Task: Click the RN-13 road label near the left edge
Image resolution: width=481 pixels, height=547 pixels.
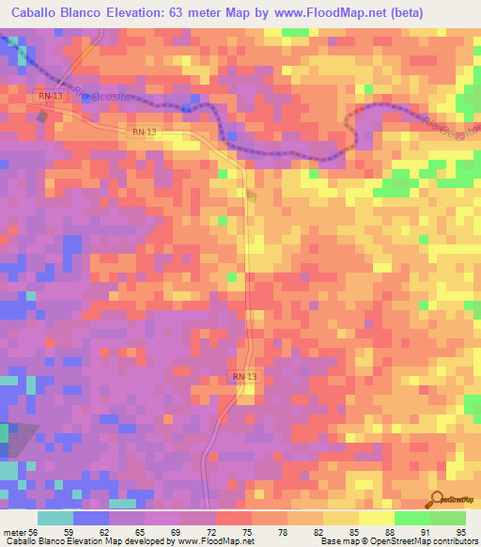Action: click(50, 96)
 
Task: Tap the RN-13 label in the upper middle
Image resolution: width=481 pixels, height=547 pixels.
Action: click(145, 133)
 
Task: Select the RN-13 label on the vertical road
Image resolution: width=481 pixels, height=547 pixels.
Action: click(244, 377)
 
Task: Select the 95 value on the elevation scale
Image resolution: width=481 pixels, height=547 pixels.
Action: click(461, 531)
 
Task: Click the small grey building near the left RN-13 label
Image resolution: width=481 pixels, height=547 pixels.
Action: click(41, 117)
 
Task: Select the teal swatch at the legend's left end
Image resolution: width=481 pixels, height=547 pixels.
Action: click(54, 518)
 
